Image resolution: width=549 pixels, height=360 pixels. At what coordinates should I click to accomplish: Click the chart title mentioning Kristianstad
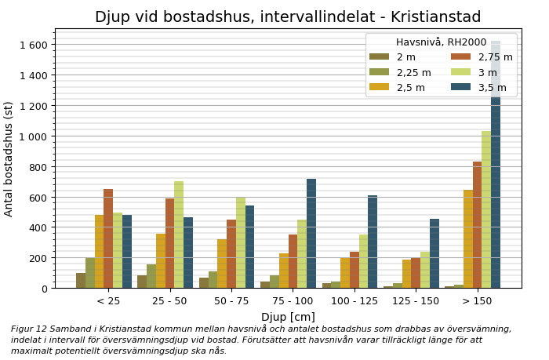[288, 17]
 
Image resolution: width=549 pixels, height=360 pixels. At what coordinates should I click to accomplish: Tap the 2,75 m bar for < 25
[108, 238]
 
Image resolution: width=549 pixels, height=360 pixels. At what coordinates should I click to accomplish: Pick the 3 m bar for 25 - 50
[179, 235]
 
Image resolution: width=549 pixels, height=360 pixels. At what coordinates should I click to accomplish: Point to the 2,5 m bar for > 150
[468, 238]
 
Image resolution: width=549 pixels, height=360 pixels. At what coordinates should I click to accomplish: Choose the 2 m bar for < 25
[81, 280]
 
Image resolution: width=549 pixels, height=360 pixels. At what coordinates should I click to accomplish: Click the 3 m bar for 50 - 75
[241, 242]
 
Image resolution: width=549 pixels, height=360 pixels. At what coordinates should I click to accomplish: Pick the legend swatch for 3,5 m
[461, 87]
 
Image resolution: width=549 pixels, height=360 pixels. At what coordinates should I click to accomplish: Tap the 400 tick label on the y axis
[38, 227]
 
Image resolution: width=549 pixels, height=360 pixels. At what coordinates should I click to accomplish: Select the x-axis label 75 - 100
[293, 301]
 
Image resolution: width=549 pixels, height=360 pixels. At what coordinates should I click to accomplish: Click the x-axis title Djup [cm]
[288, 317]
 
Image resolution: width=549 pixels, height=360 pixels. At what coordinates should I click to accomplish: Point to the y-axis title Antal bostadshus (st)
[9, 158]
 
